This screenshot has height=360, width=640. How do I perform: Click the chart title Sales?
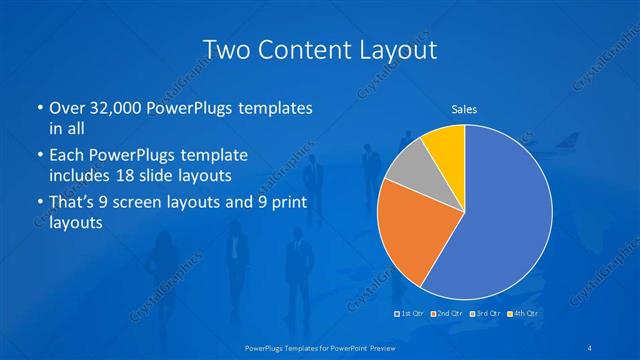coord(463,109)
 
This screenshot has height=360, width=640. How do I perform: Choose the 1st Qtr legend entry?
coord(409,314)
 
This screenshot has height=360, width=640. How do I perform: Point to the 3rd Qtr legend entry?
coord(486,314)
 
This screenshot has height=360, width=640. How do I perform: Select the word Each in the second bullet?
coord(68,156)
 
